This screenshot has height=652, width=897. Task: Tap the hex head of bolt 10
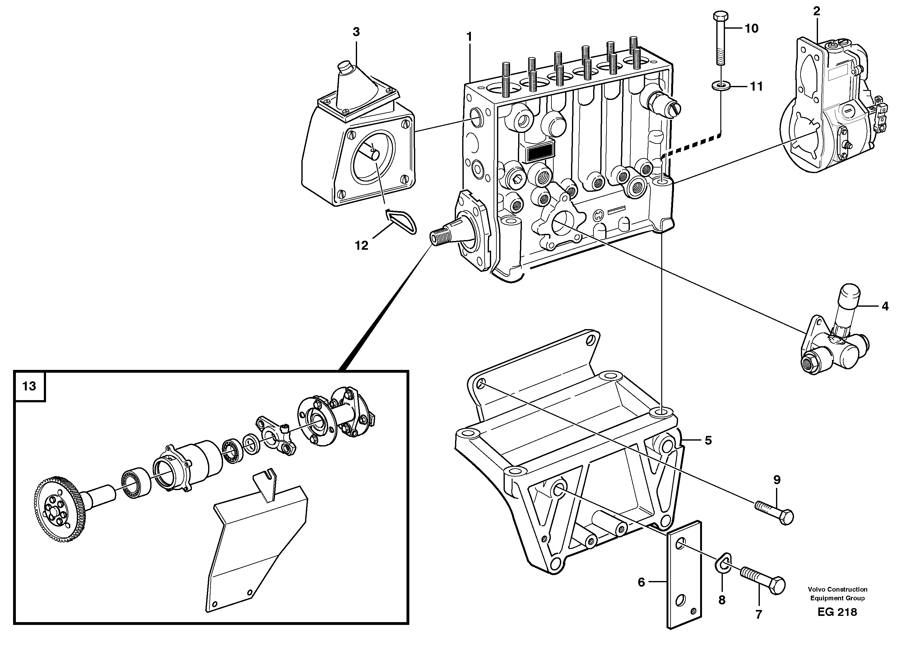(721, 17)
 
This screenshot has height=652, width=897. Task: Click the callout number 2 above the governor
(816, 12)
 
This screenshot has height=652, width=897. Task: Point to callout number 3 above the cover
(356, 32)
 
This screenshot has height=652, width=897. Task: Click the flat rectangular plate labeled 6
(684, 574)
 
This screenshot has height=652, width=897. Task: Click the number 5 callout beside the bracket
(708, 440)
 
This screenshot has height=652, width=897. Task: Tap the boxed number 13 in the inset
(29, 386)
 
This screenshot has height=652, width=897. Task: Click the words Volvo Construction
(837, 589)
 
